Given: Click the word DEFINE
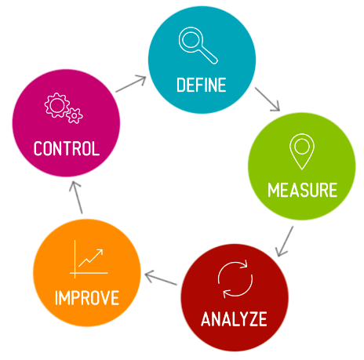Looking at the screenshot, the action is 202,85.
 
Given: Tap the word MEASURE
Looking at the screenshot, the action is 303,190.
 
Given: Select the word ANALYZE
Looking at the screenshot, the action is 234,318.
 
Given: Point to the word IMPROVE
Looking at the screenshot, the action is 87,298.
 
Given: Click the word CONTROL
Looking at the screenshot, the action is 67,148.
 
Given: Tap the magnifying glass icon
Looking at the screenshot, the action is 198,45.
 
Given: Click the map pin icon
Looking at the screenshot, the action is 302,151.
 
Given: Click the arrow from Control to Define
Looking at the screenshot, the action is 131,84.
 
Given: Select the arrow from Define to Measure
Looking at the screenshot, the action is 268,100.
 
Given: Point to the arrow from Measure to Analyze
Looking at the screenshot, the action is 284,242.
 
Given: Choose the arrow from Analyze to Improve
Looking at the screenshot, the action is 161,278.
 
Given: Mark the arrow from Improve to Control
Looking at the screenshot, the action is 77,198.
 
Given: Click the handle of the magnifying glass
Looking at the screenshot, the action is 209,55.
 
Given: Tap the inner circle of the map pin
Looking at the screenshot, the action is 302,147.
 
